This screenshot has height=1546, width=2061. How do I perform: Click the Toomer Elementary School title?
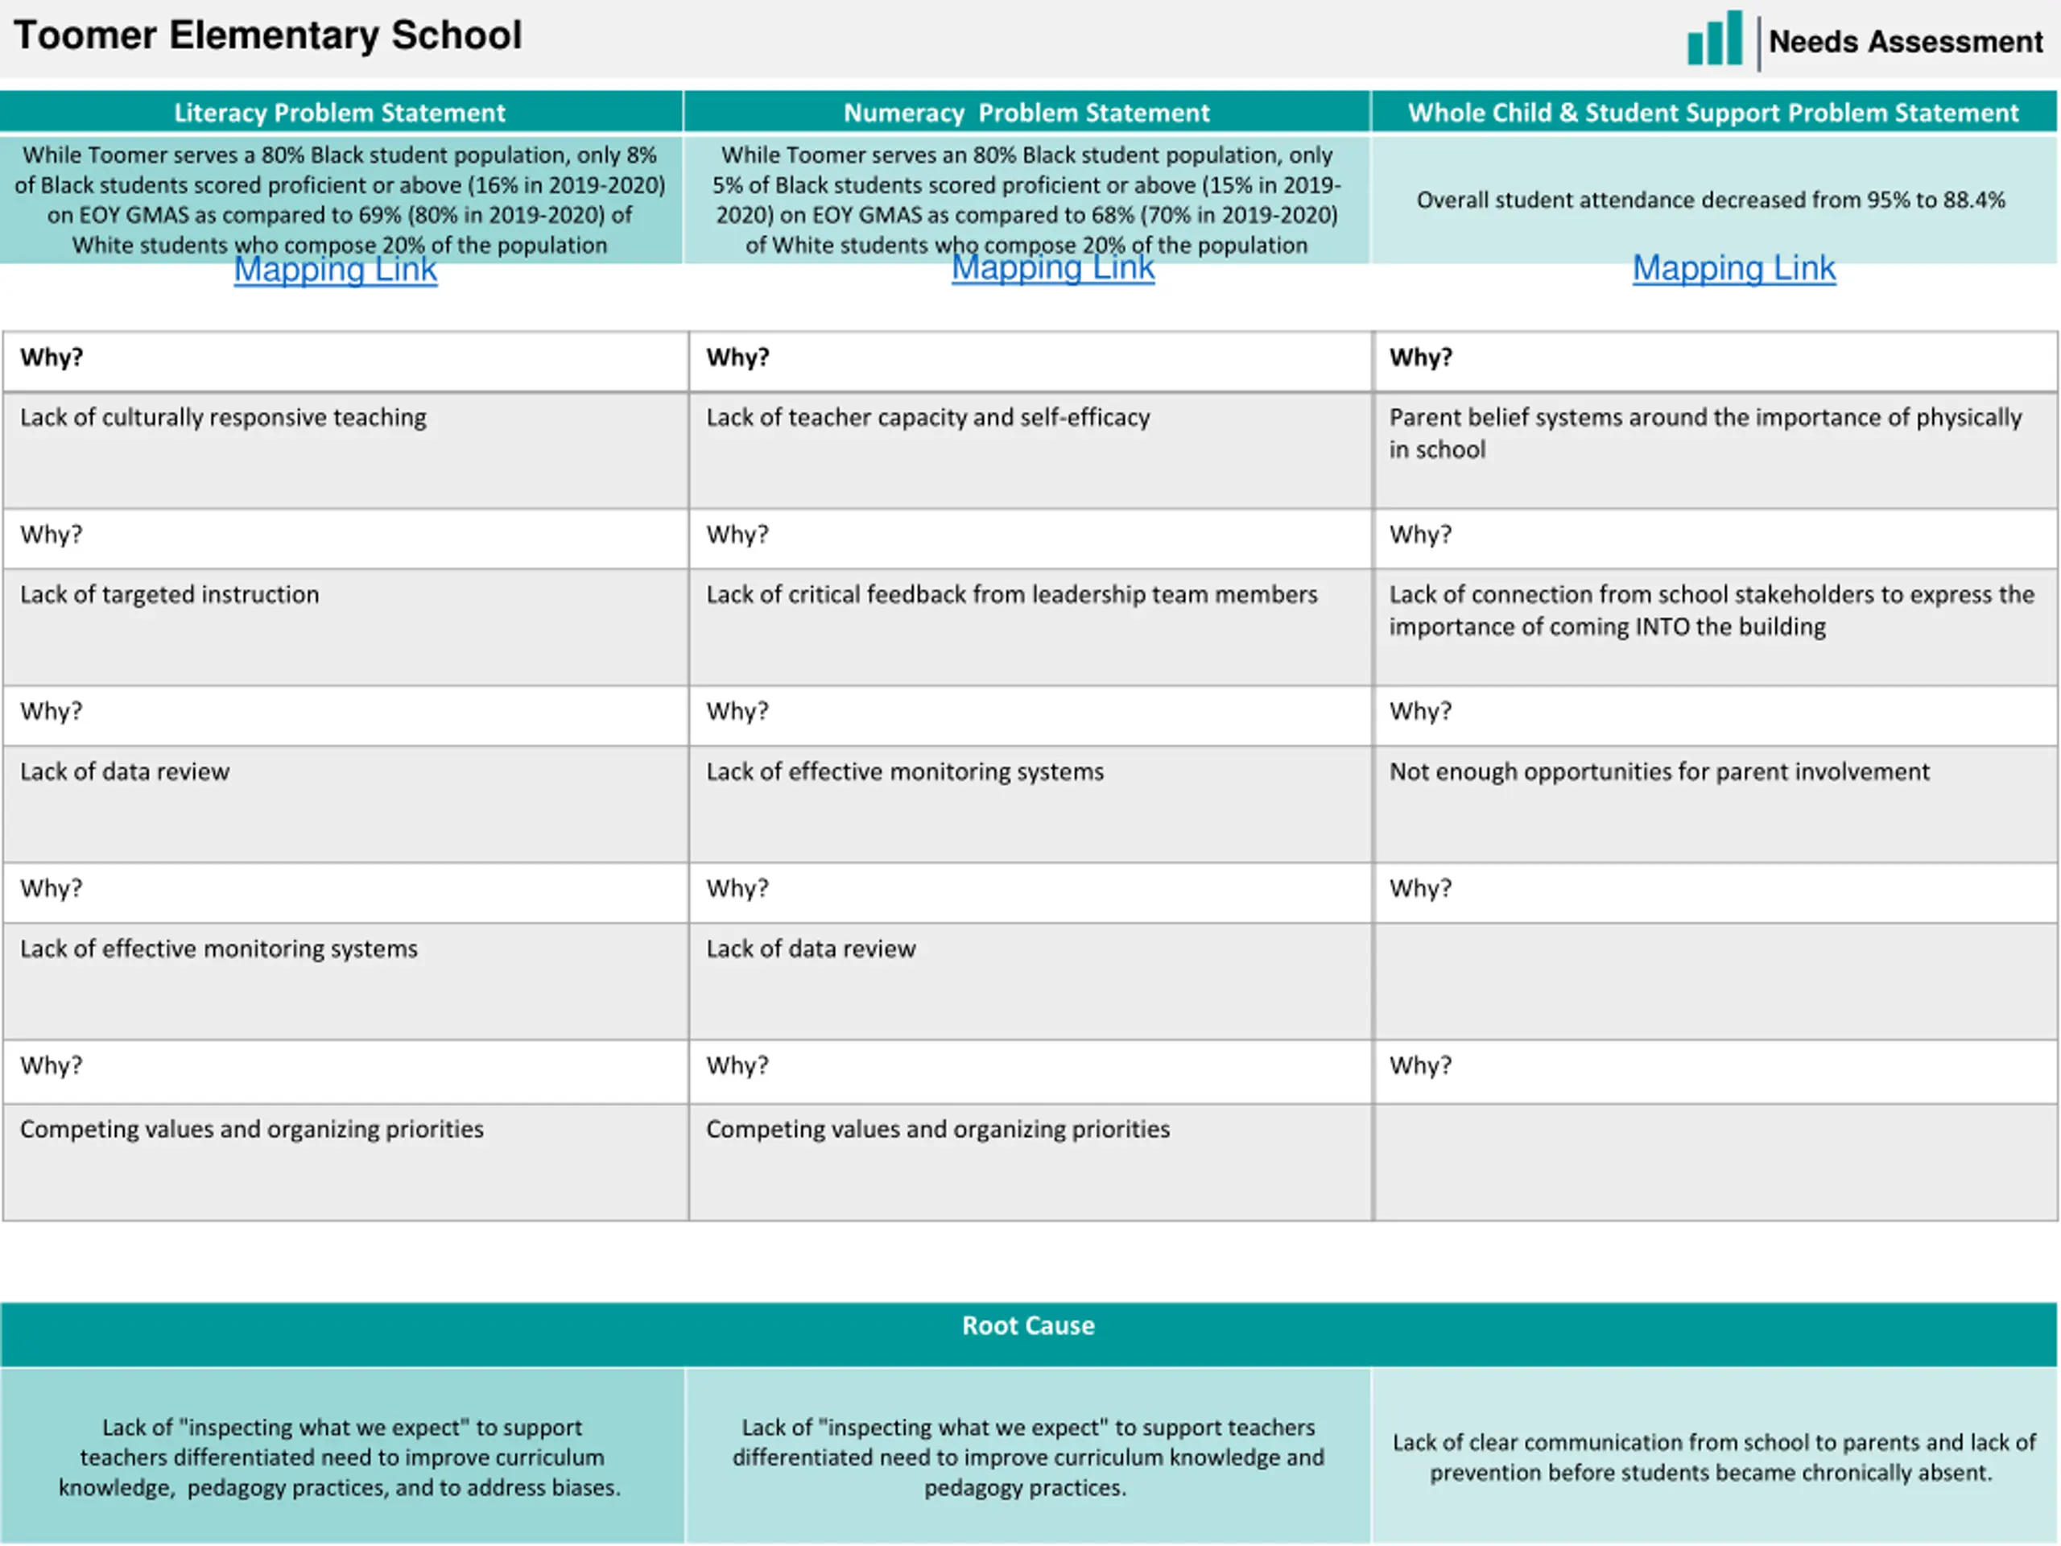click(267, 35)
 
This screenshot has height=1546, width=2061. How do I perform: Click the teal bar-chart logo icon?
click(1714, 39)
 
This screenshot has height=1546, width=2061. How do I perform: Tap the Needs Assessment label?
click(1906, 41)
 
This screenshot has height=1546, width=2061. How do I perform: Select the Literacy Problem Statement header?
click(339, 113)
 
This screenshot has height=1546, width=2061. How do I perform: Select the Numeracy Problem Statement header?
click(1026, 113)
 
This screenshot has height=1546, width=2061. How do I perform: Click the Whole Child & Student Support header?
click(1712, 113)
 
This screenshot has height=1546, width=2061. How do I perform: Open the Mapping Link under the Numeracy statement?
click(1053, 267)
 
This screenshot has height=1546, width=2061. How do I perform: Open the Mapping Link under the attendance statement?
click(1734, 268)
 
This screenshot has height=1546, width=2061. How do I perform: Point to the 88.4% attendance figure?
click(1973, 200)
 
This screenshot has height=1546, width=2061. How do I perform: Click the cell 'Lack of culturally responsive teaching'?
click(223, 417)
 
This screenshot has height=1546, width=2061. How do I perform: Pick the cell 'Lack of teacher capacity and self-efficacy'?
click(927, 417)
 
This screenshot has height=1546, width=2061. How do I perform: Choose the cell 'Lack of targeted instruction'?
click(170, 594)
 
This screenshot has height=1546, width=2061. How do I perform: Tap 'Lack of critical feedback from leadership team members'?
click(1011, 594)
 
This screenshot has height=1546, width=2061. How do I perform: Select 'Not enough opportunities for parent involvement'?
click(1658, 771)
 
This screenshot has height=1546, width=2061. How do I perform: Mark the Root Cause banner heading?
click(1028, 1325)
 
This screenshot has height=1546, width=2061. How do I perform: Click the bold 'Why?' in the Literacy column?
click(52, 358)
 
